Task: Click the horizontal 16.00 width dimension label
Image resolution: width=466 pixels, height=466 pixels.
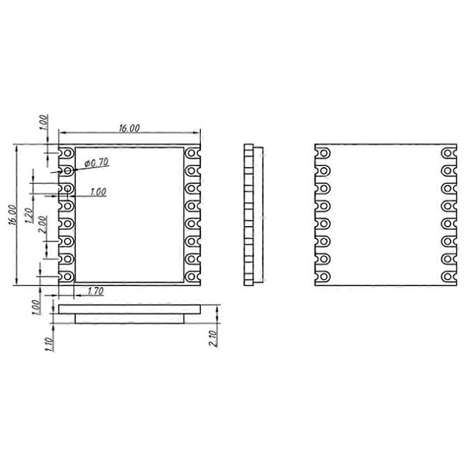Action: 129,129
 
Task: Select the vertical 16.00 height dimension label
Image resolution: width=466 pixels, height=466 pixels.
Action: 13,215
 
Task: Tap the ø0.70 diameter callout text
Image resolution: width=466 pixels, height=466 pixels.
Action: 96,163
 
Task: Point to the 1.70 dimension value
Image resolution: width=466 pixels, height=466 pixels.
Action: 96,291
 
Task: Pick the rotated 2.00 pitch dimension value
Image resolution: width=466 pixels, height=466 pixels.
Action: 43,224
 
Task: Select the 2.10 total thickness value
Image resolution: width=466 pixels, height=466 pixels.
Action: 214,339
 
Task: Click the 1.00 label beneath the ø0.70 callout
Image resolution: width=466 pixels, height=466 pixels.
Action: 98,192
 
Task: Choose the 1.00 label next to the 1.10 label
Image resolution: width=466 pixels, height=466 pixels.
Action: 36,307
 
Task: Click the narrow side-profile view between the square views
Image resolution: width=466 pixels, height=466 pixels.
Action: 253,215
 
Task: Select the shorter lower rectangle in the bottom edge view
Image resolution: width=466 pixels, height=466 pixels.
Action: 129,319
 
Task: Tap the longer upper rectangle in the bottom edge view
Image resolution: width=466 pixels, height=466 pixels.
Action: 129,310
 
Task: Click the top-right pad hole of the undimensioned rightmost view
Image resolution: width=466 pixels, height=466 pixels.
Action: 448,153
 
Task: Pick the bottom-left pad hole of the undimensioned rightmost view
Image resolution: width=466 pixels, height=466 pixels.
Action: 324,276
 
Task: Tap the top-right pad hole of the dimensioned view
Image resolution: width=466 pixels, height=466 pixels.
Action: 191,153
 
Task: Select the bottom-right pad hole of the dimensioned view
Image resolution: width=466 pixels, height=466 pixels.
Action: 191,276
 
